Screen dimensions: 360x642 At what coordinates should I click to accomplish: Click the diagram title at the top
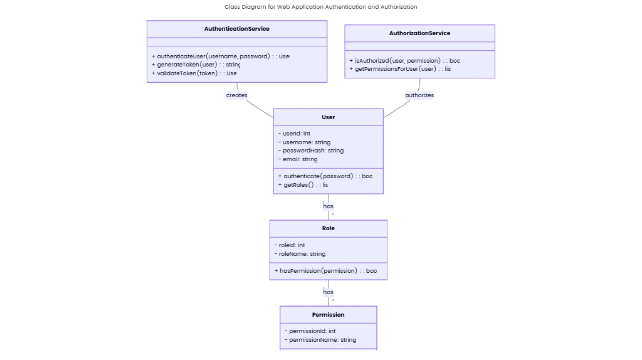tap(320, 7)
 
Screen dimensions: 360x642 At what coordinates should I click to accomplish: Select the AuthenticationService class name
tap(236, 29)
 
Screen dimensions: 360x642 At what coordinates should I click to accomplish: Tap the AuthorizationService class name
tap(419, 33)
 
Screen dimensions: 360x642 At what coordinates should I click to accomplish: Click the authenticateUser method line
tap(220, 56)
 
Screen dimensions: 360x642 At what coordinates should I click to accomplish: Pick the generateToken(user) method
tap(196, 65)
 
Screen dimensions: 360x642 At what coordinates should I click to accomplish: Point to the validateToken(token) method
tap(194, 73)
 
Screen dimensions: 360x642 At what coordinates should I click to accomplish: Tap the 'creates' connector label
tap(237, 95)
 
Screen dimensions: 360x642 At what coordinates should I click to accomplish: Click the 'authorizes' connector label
tap(419, 95)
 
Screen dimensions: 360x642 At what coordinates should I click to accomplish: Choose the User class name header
tap(328, 117)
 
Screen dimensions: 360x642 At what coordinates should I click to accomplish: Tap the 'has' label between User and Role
tap(328, 206)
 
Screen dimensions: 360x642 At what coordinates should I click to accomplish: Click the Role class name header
tap(328, 228)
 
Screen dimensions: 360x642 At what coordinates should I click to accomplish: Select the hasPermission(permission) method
tap(325, 271)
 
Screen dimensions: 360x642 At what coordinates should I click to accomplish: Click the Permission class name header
tap(328, 314)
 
